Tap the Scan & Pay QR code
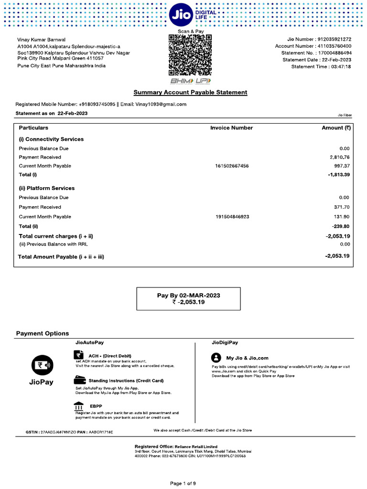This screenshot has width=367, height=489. pos(190,55)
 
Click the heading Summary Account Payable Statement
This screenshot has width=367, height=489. pos(190,92)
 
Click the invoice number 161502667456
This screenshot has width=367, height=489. pos(232,166)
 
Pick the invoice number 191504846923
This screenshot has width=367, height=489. pos(232,217)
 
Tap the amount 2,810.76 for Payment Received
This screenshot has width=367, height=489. pos(340,157)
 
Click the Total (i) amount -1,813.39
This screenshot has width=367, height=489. pos(339,175)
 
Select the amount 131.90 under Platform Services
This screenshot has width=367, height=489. pos(341,217)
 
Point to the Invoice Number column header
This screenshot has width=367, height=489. pos(231,128)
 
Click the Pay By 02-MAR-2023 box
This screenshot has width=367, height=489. pos(189,298)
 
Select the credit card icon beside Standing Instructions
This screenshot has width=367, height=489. pos(79,381)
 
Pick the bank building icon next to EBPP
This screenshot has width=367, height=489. pos(79,405)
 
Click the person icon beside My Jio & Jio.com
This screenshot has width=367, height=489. pos(216,358)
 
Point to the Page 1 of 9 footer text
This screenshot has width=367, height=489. pos(183,483)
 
